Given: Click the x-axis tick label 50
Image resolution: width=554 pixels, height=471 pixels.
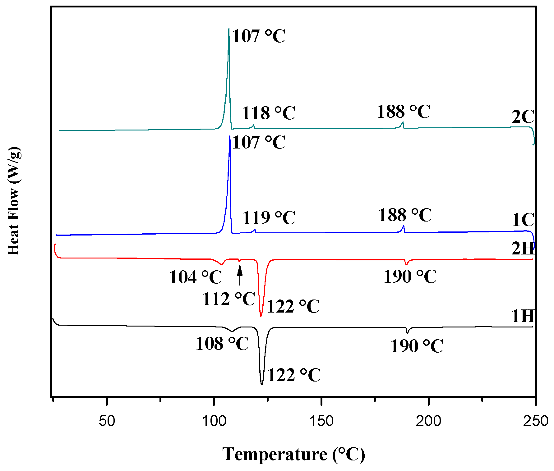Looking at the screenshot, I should pos(107,421).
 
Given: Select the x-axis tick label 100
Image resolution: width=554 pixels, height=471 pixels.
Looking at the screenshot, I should pos(214,421).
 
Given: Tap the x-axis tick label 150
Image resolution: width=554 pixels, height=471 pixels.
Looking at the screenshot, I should pos(321,421).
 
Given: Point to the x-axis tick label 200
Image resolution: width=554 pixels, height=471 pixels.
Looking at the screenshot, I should pos(428,421).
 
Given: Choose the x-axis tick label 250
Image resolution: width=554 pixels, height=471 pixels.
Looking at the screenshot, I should pos(535,421).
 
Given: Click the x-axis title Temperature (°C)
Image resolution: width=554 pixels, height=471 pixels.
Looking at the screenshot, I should pos(293,455).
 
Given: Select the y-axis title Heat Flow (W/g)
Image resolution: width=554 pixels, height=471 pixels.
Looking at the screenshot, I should pos(14,201).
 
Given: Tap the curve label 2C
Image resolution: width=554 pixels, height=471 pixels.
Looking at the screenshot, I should pos(523,117).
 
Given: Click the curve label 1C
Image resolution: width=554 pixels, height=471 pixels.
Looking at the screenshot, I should pos(523,220).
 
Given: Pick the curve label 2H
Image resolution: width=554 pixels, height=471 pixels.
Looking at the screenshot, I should pos(523,249).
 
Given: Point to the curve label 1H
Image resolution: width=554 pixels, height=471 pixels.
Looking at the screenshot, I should pos(523,316).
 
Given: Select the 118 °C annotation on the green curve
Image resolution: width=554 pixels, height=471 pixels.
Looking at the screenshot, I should pos(268,113).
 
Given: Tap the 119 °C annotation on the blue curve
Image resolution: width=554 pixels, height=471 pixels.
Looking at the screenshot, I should pos(269,217).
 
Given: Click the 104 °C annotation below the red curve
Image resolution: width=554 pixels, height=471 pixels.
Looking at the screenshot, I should pos(196,277).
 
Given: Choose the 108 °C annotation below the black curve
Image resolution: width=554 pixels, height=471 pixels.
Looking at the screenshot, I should pos(222,344).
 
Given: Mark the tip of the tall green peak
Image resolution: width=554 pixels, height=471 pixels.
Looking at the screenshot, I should pos(229,29).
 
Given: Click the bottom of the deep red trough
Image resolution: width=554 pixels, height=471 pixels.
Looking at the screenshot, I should pos(261,316).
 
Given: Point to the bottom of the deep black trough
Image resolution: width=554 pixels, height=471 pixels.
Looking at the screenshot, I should pos(262,384).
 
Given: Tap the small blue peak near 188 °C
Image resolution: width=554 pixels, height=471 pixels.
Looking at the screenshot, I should pos(404,226).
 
